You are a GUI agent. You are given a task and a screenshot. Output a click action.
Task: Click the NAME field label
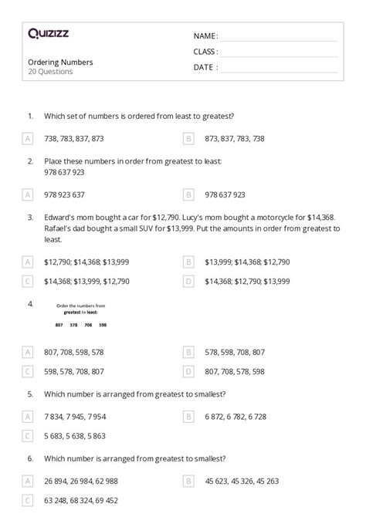point(205,35)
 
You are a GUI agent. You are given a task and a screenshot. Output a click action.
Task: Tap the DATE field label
point(205,67)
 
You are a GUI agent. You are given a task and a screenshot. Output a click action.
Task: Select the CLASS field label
point(205,52)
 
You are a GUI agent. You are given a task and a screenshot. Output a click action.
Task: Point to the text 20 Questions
point(50,72)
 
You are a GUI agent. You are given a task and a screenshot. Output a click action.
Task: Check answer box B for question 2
point(188,194)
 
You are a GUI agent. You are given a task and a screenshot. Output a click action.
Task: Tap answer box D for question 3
point(188,282)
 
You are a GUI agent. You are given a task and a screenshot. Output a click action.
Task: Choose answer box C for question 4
point(28,371)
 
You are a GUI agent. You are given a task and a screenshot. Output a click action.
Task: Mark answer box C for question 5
point(28,436)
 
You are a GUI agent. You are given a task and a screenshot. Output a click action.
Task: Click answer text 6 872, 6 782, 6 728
point(236,416)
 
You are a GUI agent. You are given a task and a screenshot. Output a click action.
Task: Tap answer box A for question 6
point(28,481)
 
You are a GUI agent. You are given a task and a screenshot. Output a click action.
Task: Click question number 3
point(29,218)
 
